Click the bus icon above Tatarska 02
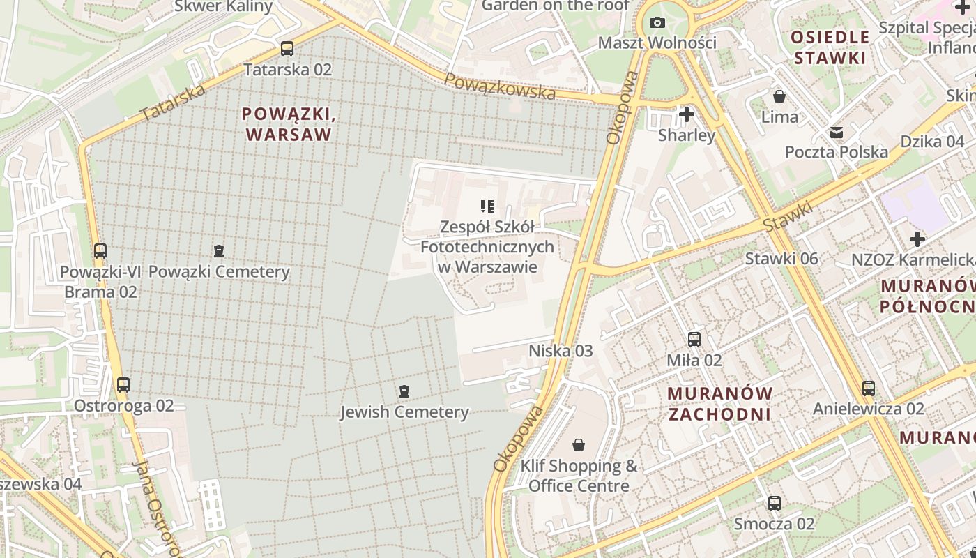click(287, 49)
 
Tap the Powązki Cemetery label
click(219, 272)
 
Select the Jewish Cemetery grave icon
click(404, 391)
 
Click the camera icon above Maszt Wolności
click(657, 23)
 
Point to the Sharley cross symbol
click(687, 114)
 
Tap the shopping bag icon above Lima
click(779, 96)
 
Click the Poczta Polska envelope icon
click(836, 132)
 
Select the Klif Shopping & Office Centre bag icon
click(579, 444)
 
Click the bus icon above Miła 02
click(694, 340)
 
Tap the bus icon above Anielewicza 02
click(868, 388)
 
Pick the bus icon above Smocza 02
click(774, 503)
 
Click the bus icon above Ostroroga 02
click(123, 384)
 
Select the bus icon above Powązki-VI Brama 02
click(100, 250)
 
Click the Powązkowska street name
click(500, 86)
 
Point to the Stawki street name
click(788, 217)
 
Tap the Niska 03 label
click(561, 351)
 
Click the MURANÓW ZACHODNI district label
click(719, 403)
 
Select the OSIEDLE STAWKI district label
click(830, 47)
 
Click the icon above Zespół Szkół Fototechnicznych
click(487, 206)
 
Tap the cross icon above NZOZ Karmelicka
click(917, 239)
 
